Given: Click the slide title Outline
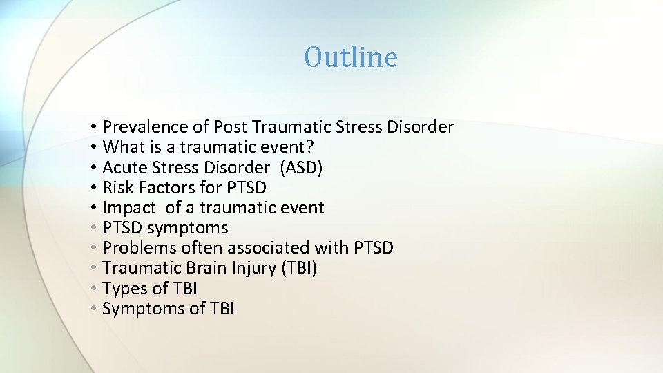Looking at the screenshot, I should [x=351, y=57].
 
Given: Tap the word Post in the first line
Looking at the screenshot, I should [x=231, y=127].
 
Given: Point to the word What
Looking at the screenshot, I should [x=122, y=147].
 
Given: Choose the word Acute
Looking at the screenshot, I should [x=123, y=168].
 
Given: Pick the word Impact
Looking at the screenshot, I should [x=128, y=208].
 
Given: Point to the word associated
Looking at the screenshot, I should [x=270, y=248].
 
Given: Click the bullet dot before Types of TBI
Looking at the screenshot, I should [x=93, y=289].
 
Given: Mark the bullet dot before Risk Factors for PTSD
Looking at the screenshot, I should [x=93, y=188].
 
